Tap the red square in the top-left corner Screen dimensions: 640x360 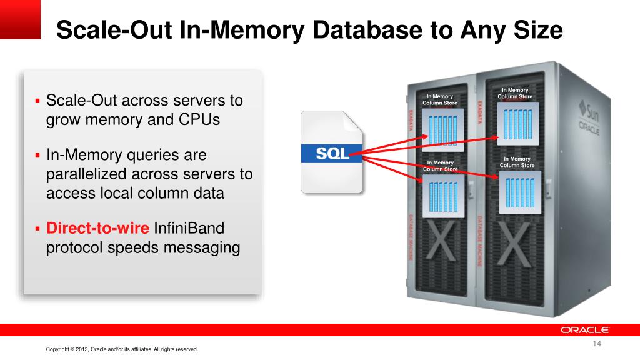[x=20, y=19]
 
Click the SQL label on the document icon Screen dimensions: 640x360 [x=332, y=154]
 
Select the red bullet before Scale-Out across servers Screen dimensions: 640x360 [x=37, y=101]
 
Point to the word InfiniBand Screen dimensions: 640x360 [x=189, y=228]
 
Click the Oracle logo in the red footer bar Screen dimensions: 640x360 [x=584, y=330]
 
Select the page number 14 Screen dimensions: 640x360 [x=597, y=343]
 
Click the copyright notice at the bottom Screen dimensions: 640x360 [x=122, y=349]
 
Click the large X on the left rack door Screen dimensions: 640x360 [x=440, y=241]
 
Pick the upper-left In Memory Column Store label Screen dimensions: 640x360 [x=440, y=99]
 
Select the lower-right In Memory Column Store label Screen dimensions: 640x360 [x=517, y=162]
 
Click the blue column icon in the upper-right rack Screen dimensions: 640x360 [x=518, y=124]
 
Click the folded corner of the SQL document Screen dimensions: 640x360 [x=352, y=121]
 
